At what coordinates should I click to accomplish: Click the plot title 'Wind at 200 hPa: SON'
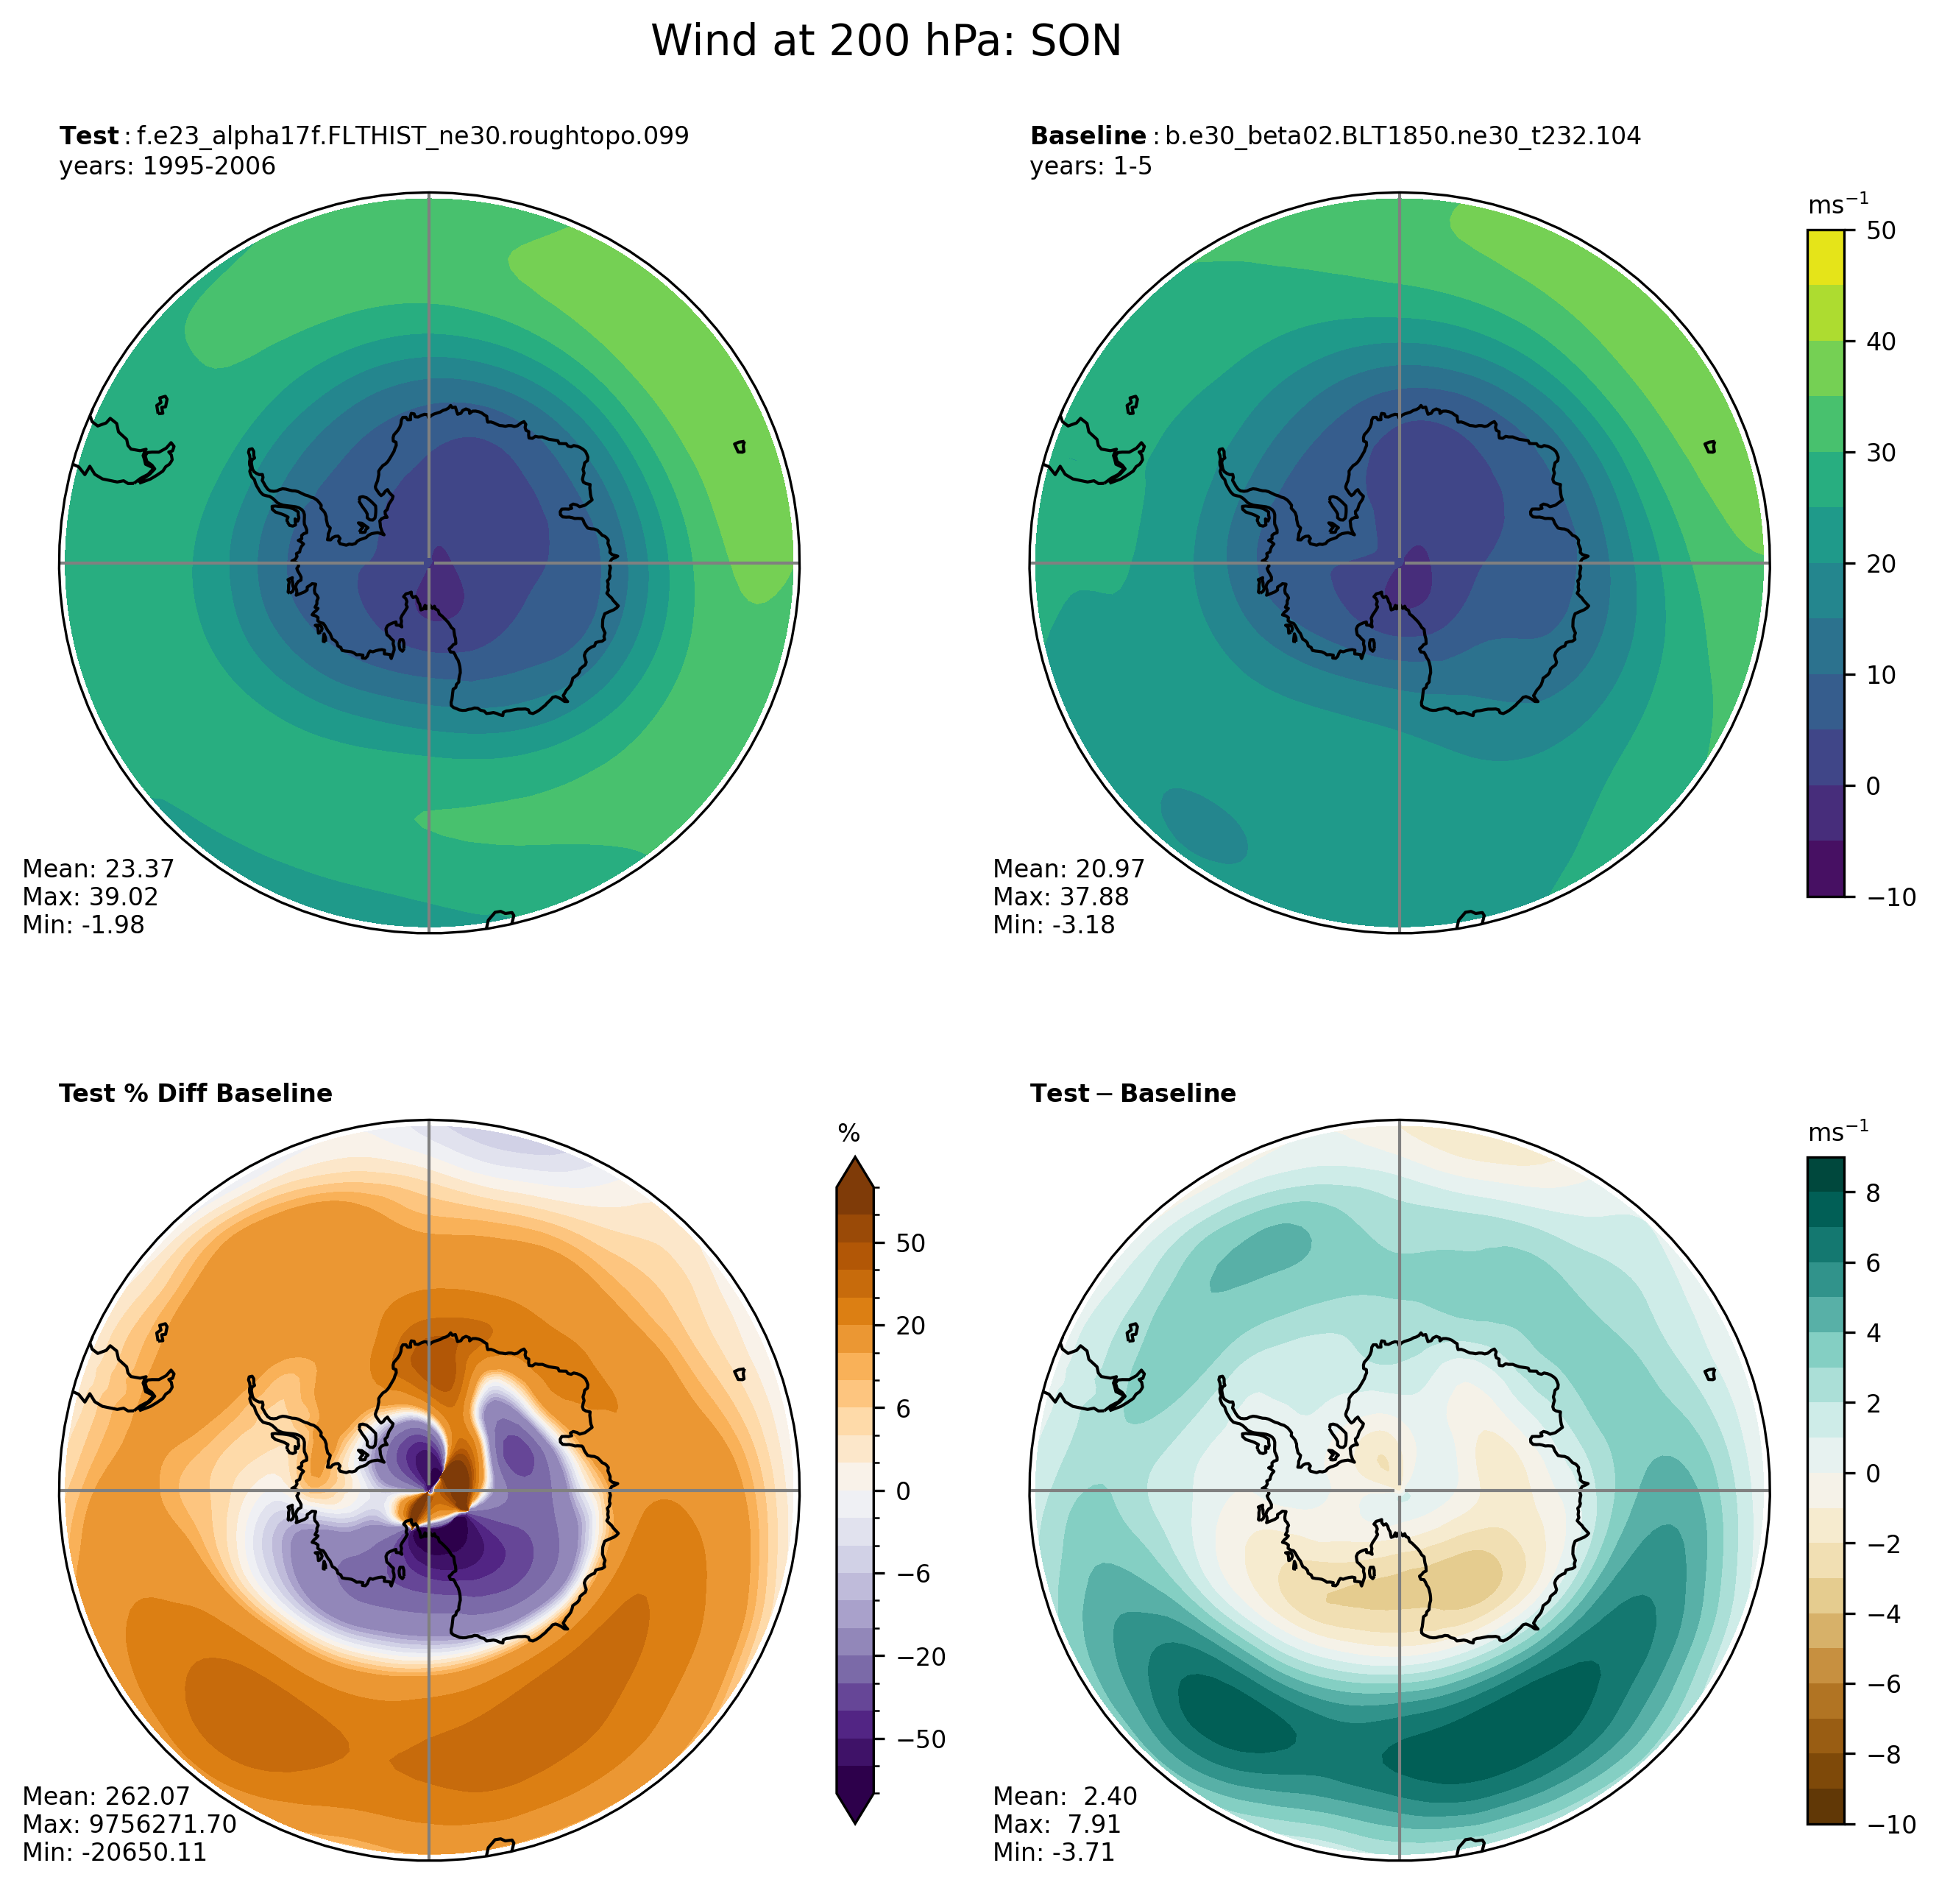(x=885, y=42)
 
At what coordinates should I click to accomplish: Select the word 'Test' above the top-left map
(x=88, y=136)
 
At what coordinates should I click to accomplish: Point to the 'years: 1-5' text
(x=1091, y=166)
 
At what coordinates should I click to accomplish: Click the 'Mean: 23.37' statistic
(x=98, y=869)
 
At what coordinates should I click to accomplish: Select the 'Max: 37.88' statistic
(x=1060, y=897)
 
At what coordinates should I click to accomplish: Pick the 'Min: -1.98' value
(x=83, y=924)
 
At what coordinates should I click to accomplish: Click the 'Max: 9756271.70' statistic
(x=129, y=1825)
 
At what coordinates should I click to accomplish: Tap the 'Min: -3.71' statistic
(x=1054, y=1853)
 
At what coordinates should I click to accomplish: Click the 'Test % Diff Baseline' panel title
(x=195, y=1094)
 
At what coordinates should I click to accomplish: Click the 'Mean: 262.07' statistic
(x=105, y=1797)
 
